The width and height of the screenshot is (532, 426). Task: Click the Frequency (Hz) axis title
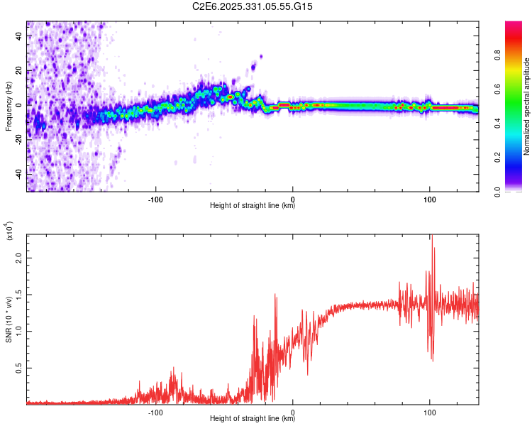click(x=9, y=106)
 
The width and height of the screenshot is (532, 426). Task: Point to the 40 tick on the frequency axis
click(x=19, y=37)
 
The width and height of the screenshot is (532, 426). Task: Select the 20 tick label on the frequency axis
click(x=19, y=71)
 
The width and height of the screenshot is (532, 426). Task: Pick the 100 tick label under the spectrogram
click(x=429, y=198)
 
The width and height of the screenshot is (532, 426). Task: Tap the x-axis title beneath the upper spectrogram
click(x=253, y=206)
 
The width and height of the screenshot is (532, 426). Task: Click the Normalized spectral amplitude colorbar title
click(x=527, y=106)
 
